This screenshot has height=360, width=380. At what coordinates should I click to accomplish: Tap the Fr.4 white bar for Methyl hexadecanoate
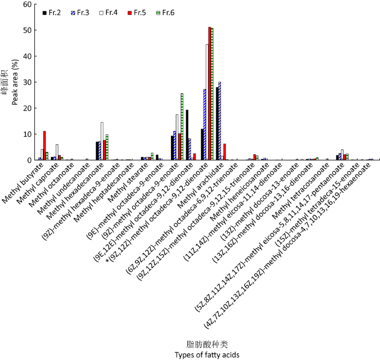(102, 141)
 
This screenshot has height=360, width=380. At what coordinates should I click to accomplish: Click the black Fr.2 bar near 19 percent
(187, 135)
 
